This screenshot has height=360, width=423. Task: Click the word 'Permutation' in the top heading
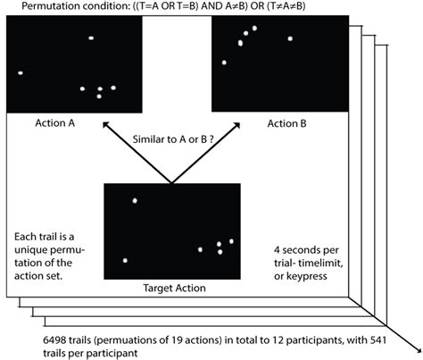click(40, 8)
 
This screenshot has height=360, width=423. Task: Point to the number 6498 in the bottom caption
click(45, 340)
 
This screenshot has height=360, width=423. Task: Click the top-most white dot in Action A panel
click(91, 38)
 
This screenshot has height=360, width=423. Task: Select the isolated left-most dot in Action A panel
click(20, 72)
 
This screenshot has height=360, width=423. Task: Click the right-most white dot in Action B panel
click(290, 39)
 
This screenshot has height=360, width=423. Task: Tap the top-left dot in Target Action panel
click(135, 200)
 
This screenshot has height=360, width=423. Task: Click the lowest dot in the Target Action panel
click(126, 261)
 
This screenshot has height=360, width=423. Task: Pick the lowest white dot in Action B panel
click(225, 63)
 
